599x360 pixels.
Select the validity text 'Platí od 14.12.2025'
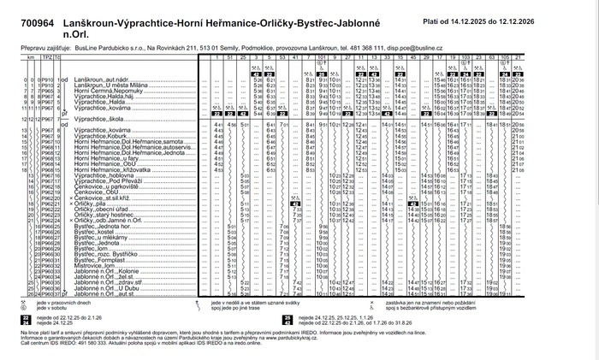point(485,19)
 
